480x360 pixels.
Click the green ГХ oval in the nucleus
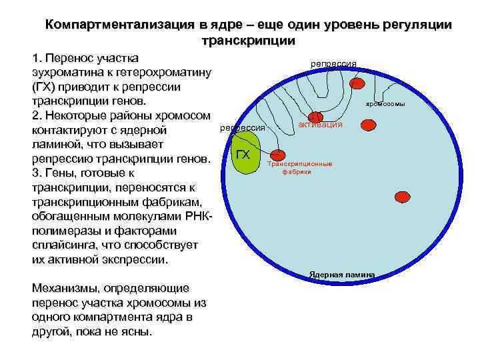click(244, 154)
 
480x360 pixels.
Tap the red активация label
click(320, 125)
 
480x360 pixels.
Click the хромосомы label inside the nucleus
click(386, 104)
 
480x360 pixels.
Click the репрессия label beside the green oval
click(243, 127)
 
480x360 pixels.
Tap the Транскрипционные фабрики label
click(299, 167)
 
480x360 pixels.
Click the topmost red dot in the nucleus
click(358, 83)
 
